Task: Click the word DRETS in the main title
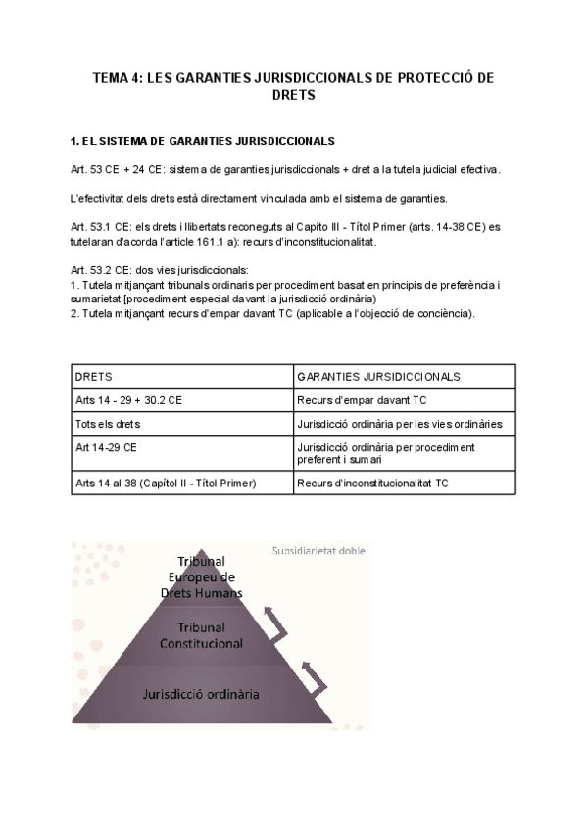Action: coord(293,96)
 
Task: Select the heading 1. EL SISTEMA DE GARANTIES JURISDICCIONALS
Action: coord(203,142)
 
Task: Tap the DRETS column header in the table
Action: coord(93,376)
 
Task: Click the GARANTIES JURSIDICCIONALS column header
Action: coord(378,376)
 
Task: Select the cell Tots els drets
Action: coord(108,424)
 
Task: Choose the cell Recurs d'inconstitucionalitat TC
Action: coord(372,483)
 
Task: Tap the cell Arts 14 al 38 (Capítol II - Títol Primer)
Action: coord(166,483)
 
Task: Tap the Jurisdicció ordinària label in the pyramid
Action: coord(201,694)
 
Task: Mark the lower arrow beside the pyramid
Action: coord(312,673)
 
